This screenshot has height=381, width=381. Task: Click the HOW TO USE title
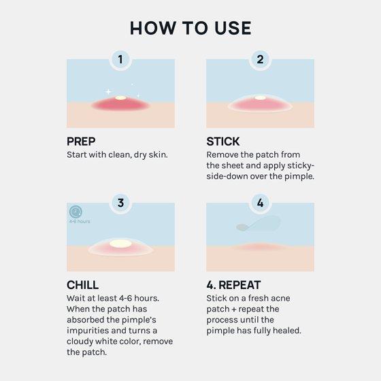190,28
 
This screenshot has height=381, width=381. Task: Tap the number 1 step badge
120,59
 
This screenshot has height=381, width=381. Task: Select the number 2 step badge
260,59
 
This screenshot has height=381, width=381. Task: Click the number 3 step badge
120,203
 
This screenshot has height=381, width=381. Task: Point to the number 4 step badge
260,203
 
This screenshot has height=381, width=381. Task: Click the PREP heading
81,142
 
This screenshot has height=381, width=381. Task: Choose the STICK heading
223,142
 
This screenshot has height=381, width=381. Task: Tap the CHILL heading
82,285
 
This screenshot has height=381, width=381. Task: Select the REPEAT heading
239,285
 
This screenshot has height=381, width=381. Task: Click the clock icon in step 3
76,212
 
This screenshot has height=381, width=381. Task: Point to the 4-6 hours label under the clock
80,221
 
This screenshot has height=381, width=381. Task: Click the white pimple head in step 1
121,98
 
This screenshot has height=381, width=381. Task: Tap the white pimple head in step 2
260,98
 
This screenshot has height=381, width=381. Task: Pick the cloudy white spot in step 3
120,244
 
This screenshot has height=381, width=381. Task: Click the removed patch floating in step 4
259,224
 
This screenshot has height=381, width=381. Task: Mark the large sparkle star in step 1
108,92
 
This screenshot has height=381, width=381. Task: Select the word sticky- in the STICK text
301,165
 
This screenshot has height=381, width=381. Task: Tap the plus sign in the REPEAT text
234,310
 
